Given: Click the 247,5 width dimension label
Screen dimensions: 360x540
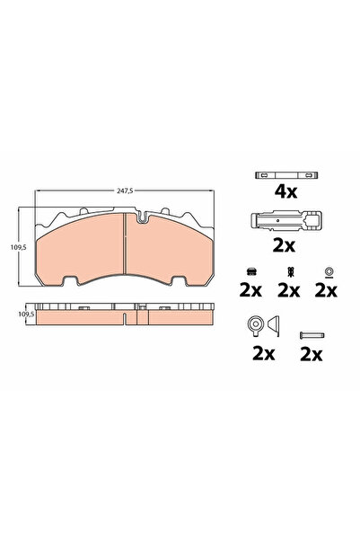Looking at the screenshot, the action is (x=125, y=190).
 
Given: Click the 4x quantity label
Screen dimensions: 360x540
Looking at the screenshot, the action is (x=285, y=191).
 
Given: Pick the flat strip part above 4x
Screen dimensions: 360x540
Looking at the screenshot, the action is (x=286, y=175).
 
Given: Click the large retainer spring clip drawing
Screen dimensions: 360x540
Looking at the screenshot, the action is (x=286, y=221).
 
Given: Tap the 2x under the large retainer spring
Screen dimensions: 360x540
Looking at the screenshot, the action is (x=284, y=245).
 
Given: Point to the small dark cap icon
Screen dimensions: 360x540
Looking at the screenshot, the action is (x=251, y=271).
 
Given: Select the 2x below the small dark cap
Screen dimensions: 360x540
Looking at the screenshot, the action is (x=250, y=290).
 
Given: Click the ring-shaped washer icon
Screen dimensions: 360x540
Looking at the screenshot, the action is (x=329, y=270).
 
